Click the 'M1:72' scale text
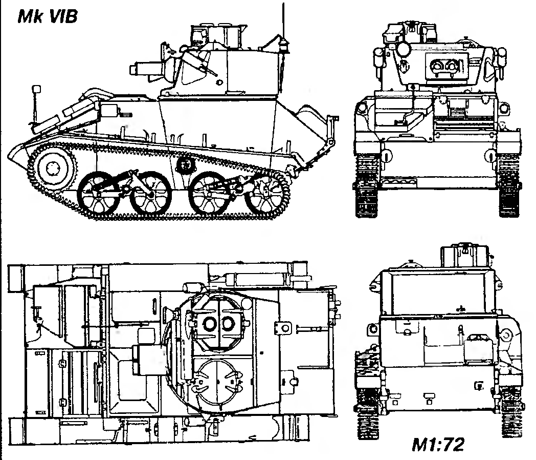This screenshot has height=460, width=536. pos(439,444)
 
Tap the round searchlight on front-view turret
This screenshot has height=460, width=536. pos(404,49)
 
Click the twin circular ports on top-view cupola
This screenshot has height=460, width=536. pos(217,323)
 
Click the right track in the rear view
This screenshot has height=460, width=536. pos(509,410)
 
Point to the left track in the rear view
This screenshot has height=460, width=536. pos(367,410)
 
